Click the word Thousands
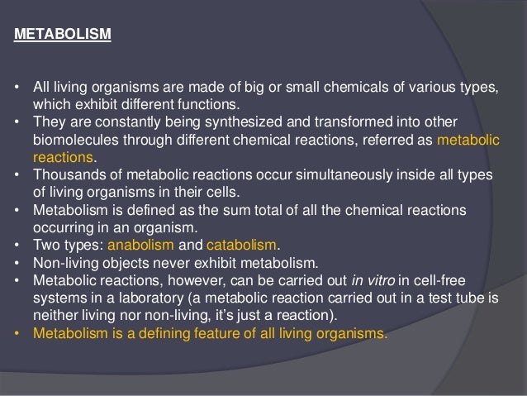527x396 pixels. (x=67, y=175)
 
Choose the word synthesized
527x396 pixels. (x=229, y=121)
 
